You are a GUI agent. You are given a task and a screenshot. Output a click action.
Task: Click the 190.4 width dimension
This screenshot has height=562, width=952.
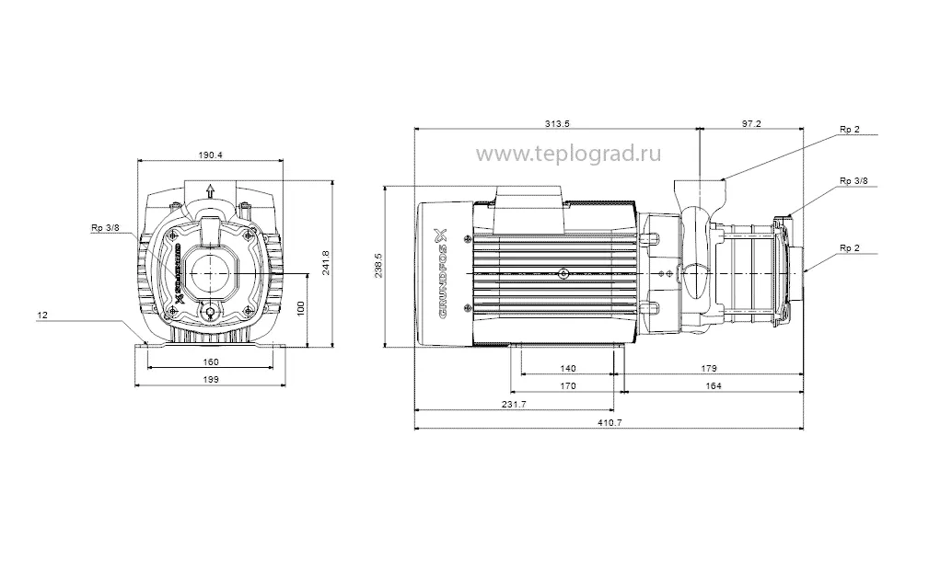pyautogui.click(x=211, y=155)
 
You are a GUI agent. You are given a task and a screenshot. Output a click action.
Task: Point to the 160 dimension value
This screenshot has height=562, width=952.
pyautogui.click(x=211, y=361)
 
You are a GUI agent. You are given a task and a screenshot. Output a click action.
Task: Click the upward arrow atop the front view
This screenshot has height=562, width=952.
pyautogui.click(x=211, y=190)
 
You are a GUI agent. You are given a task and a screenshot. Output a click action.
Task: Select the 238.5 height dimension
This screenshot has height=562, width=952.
pyautogui.click(x=391, y=267)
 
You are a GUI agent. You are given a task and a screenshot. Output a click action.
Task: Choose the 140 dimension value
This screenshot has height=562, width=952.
pyautogui.click(x=567, y=369)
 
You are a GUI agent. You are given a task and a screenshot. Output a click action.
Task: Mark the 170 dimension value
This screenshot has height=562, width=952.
pyautogui.click(x=567, y=386)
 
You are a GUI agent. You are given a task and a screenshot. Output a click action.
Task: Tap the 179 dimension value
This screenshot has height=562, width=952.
pyautogui.click(x=709, y=369)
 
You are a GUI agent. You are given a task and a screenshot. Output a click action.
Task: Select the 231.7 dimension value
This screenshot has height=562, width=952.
pyautogui.click(x=514, y=405)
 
